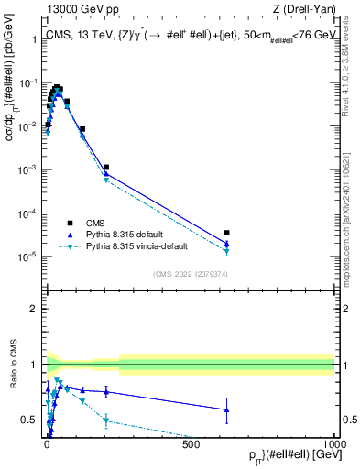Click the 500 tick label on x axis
pyautogui.click(x=191, y=443)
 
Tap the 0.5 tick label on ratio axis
pyautogui.click(x=30, y=420)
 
